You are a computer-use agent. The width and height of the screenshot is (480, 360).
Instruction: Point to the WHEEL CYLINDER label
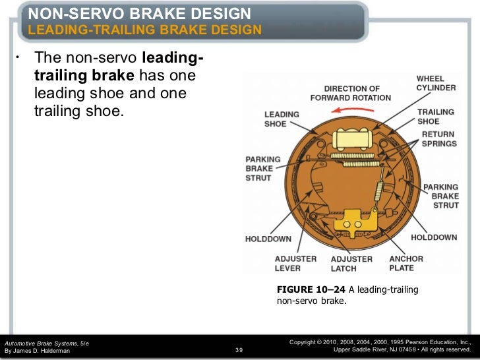click(435, 82)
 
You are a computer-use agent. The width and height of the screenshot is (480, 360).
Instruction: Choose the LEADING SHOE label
click(282, 119)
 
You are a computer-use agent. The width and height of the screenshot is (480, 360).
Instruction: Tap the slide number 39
click(239, 350)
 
